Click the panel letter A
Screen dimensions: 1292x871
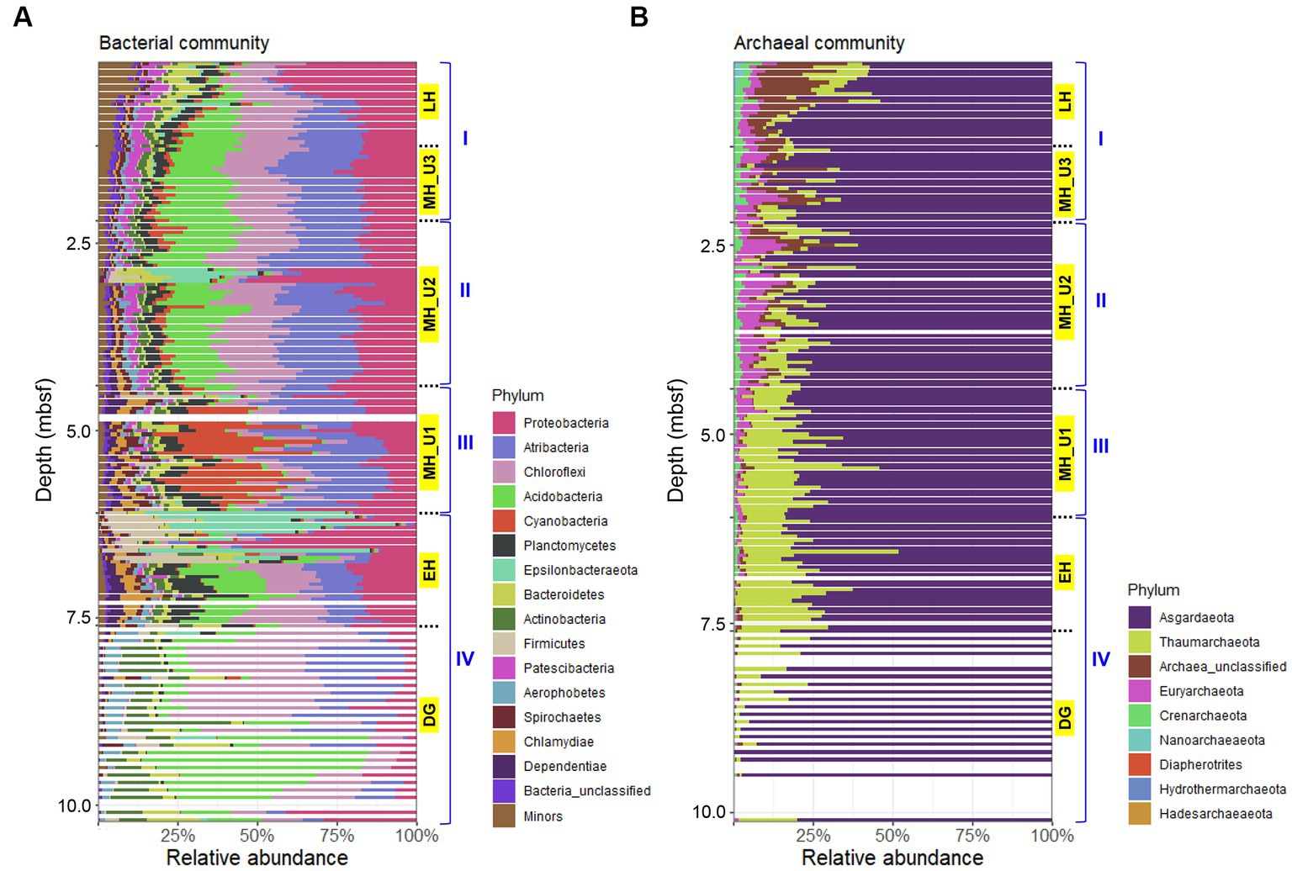(x=23, y=18)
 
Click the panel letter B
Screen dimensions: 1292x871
(x=638, y=18)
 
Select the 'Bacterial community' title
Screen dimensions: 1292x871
(x=184, y=43)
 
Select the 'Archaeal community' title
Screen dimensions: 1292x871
(x=819, y=43)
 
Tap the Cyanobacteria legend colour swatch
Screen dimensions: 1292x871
(x=504, y=521)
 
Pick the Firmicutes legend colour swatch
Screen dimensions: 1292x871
(x=504, y=644)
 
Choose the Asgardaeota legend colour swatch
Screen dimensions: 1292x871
(x=1139, y=617)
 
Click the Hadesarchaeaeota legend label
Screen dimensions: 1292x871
(x=1215, y=814)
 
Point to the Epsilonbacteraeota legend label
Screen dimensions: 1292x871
(x=580, y=570)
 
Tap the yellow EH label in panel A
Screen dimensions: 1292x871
(x=429, y=571)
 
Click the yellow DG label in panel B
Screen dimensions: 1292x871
(x=1065, y=718)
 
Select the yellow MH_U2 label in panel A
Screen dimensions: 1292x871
(x=429, y=304)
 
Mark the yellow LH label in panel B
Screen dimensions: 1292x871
(x=1065, y=102)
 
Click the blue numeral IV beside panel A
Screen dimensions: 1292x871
(x=465, y=658)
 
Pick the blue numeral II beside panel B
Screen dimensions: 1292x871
(x=1100, y=300)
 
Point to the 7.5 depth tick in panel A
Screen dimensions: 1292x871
(x=79, y=618)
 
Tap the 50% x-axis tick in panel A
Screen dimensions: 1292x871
(x=257, y=835)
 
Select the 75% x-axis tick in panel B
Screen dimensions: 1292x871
(x=972, y=835)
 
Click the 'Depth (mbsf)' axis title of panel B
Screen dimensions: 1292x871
(x=675, y=441)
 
